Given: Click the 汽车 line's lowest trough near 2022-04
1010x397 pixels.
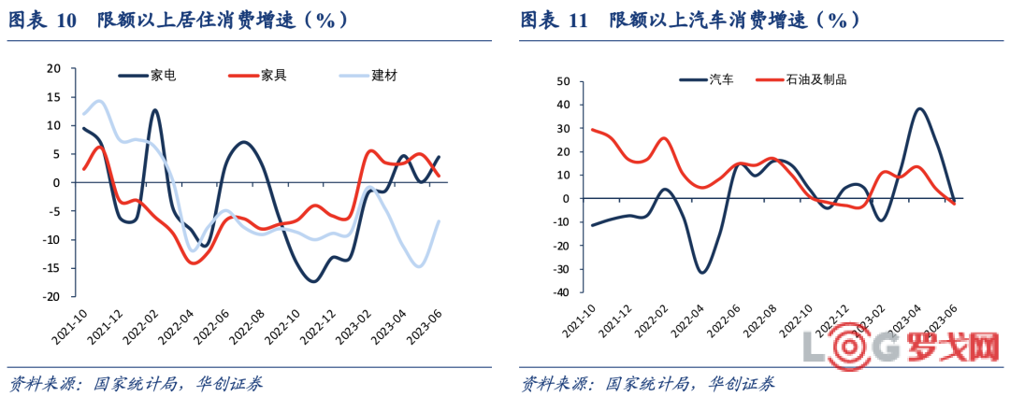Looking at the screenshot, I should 701,272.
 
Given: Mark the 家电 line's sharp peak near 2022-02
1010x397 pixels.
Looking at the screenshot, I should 154,110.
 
